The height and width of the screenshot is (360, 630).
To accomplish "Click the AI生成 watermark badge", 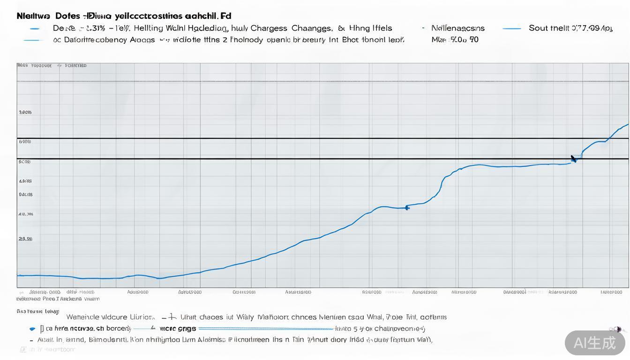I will click(x=595, y=343).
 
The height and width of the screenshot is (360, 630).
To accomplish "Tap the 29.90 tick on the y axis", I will click(x=26, y=239).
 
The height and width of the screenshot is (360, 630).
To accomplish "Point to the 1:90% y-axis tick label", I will click(x=25, y=112).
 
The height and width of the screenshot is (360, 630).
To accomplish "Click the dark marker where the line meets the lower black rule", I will click(x=574, y=159).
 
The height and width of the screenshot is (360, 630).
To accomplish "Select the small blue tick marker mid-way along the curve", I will click(x=407, y=207).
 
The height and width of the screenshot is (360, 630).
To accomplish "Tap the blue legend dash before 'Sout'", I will click(x=511, y=29).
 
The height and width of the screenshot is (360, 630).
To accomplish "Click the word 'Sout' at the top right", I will click(x=539, y=28).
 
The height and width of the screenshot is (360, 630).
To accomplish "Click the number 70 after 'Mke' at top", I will click(x=474, y=40).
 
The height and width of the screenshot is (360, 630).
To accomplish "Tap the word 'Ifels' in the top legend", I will click(x=381, y=28).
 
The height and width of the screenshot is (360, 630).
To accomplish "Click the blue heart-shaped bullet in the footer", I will click(x=32, y=329).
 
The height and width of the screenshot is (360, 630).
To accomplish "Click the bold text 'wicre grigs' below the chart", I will click(x=178, y=329).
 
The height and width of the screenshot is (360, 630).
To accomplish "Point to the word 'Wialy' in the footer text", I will click(x=245, y=317).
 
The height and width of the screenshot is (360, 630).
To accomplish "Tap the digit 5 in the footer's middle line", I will click(x=355, y=329).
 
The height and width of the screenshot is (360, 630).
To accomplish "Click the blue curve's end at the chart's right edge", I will click(x=627, y=125).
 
